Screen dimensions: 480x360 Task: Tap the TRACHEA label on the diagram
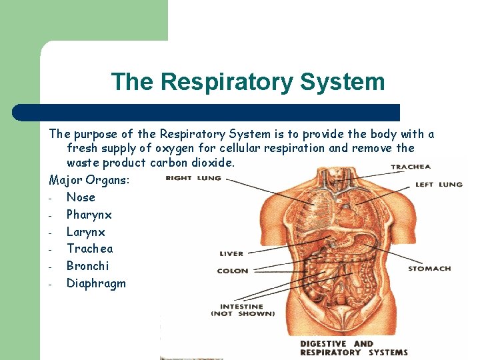[410, 167]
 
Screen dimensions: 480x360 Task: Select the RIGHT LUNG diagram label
[193, 178]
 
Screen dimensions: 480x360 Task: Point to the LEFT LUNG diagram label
[438, 184]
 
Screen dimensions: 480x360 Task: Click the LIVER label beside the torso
[231, 253]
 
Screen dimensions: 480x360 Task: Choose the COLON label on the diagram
[232, 271]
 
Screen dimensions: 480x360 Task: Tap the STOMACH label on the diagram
[429, 269]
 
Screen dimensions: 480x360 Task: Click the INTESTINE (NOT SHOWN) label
[243, 309]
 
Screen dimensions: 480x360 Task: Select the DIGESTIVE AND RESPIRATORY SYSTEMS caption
[353, 348]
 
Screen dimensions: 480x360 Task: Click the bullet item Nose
[81, 197]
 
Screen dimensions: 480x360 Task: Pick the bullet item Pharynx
[89, 215]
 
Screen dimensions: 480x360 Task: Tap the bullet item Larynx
[85, 232]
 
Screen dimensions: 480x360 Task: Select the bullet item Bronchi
[87, 266]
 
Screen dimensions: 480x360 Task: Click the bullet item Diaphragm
[96, 283]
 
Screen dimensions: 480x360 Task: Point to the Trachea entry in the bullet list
[89, 249]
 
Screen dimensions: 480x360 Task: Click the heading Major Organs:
[89, 180]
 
